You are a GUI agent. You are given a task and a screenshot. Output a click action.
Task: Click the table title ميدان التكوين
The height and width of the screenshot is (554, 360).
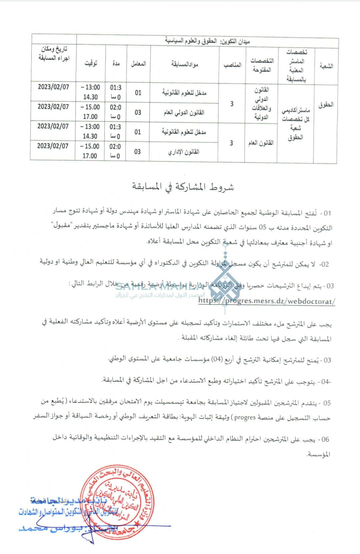(x=207, y=41)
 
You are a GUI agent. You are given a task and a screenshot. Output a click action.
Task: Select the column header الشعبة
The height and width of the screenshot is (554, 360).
(x=326, y=66)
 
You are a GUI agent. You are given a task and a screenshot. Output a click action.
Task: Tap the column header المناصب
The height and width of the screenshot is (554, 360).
(x=232, y=65)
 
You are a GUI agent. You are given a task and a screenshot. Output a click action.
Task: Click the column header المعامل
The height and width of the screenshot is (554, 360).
(x=138, y=63)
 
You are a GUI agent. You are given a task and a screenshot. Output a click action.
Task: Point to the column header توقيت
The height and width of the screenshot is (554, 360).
(x=91, y=63)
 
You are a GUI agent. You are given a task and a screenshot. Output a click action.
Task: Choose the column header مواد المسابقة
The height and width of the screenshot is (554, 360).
(x=185, y=64)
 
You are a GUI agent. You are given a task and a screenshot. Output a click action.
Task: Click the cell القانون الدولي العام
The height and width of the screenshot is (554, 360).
(x=184, y=112)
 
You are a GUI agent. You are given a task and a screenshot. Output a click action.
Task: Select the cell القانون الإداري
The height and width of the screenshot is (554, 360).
(x=183, y=152)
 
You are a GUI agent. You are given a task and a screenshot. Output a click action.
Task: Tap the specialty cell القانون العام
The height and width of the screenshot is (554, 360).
(x=261, y=143)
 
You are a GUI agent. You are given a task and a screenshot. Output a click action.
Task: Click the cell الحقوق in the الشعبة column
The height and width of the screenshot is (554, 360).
(x=326, y=105)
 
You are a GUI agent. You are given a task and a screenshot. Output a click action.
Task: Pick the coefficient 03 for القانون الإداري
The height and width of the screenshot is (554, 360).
(x=137, y=152)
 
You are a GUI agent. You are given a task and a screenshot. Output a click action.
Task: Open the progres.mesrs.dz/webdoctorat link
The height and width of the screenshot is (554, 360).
(x=267, y=301)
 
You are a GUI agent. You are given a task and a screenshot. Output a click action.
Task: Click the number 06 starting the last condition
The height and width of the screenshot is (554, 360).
(x=325, y=439)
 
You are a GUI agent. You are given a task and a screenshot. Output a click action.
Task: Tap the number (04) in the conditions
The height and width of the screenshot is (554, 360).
(x=217, y=359)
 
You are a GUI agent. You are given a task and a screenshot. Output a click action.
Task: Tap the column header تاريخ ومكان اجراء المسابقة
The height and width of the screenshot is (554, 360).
(x=54, y=53)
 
